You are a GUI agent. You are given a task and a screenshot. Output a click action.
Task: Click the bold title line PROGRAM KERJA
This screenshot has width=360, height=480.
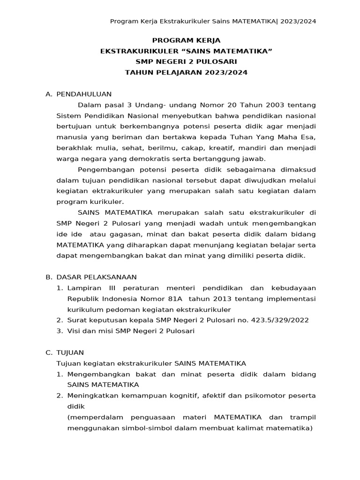[x=186, y=40]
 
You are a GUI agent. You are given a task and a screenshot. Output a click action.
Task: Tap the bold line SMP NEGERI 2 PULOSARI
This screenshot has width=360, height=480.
[x=186, y=62]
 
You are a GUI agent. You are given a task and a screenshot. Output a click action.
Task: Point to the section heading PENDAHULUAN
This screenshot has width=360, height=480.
[x=84, y=94]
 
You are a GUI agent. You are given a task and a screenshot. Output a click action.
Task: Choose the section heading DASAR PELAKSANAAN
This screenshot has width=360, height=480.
[x=97, y=277]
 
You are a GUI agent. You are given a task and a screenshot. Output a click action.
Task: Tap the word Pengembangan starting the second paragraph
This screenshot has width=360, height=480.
[x=104, y=170]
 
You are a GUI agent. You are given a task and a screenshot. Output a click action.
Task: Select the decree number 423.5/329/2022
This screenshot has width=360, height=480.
[x=279, y=320]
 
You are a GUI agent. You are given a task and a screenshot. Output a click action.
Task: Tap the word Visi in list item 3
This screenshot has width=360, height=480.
[x=75, y=331]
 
